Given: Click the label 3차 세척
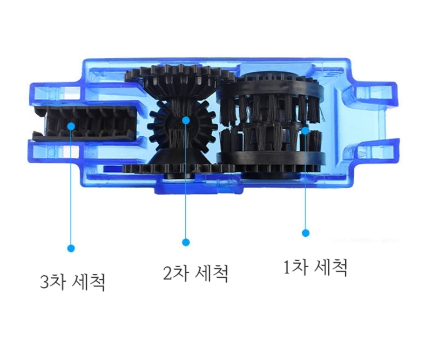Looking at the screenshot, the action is point(73,282).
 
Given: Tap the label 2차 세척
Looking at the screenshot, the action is point(195,273).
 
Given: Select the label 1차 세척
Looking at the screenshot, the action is point(315,268).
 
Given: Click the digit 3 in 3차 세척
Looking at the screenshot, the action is point(44,282).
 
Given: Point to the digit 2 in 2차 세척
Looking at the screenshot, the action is point(167,273).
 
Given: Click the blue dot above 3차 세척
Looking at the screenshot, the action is point(71,248).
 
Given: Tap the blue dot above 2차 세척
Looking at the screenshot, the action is point(186,242).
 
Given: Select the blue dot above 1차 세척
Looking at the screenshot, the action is point(306,233).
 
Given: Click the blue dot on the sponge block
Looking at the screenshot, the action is point(71,126).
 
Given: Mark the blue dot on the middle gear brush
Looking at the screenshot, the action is point(186,120).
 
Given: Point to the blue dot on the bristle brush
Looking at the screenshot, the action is point(305,130).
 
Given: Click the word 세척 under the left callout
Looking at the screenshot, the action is point(88,282).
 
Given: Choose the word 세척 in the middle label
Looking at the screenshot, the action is point(212,273).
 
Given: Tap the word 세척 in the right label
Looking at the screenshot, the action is point(330,268).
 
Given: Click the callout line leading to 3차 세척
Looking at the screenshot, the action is point(71,187).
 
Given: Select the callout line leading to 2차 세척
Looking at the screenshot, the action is point(186,181).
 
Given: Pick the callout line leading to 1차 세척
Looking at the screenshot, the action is point(305,182).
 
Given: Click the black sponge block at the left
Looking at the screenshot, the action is point(85,123).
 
